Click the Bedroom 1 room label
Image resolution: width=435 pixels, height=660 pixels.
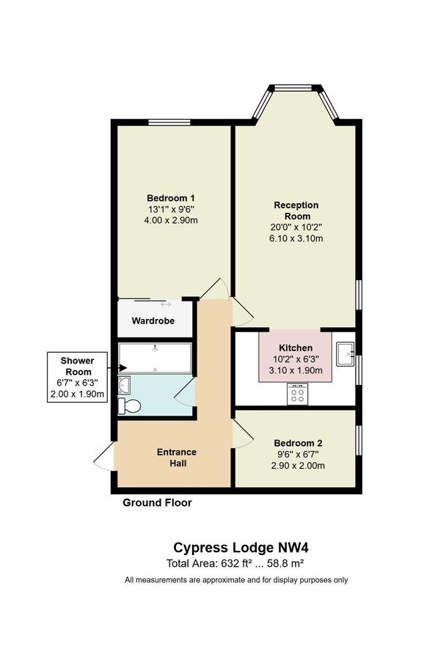[171, 198]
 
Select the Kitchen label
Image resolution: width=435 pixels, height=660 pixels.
[296, 348]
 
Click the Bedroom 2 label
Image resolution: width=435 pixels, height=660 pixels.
[298, 444]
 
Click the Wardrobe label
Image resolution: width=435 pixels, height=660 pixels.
[152, 321]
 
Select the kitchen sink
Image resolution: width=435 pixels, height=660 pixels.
[345, 355]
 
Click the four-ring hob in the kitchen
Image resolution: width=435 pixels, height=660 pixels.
[298, 395]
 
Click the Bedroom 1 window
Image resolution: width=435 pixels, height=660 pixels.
[169, 122]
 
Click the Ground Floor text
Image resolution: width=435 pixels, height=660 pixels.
[157, 503]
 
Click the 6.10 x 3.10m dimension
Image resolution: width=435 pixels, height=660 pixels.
[296, 239]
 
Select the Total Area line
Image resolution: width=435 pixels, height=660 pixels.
[235, 563]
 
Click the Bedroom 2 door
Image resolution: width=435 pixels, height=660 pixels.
[244, 435]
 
